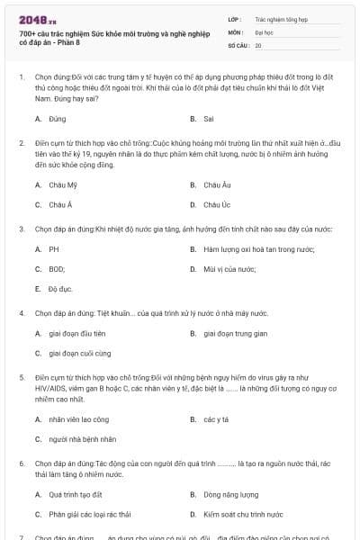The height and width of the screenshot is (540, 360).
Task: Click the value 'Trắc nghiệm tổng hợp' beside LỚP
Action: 281,18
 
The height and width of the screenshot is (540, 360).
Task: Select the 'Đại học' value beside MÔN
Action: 264,31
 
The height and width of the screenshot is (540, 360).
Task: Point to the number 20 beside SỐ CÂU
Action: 258,44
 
